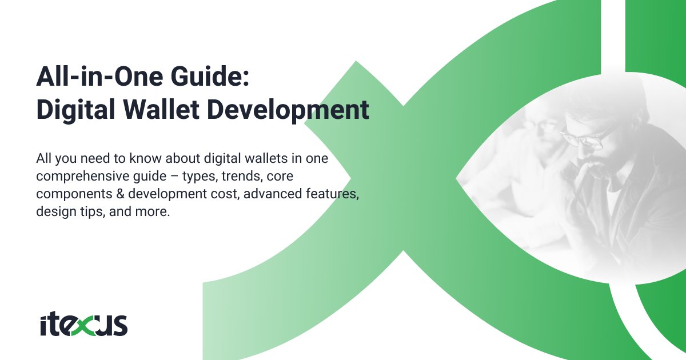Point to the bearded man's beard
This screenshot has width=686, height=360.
click(x=595, y=171)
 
